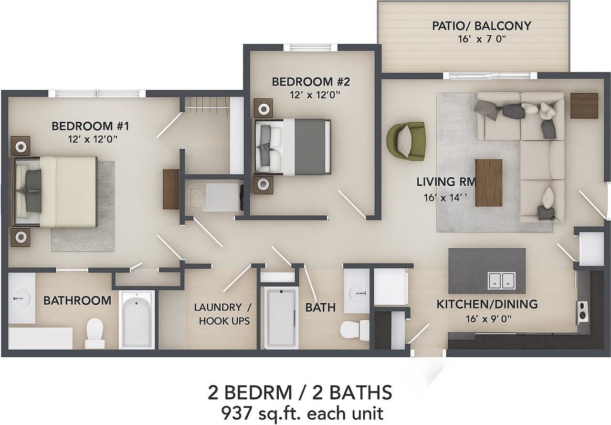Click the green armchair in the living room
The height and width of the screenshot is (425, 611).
click(406, 141)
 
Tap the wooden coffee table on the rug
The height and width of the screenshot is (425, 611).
click(488, 182)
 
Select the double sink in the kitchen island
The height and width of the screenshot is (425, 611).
click(501, 280)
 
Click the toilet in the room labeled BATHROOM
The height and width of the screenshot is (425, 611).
click(95, 333)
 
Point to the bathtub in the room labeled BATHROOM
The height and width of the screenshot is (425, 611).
click(137, 319)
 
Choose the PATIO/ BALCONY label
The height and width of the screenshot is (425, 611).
click(482, 26)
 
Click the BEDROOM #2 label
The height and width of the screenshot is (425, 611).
click(311, 82)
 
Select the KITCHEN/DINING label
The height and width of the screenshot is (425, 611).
click(487, 304)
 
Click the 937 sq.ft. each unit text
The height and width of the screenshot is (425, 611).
click(302, 413)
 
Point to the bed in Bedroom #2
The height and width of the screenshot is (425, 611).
click(293, 147)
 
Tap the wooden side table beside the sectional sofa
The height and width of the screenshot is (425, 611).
click(584, 106)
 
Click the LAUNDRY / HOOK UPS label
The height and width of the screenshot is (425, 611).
click(223, 314)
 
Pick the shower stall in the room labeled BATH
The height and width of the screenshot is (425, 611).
click(281, 319)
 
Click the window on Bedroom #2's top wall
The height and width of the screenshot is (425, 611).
click(310, 47)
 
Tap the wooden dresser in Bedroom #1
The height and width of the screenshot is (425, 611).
click(171, 189)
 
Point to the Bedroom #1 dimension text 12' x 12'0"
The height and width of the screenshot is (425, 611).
click(93, 139)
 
